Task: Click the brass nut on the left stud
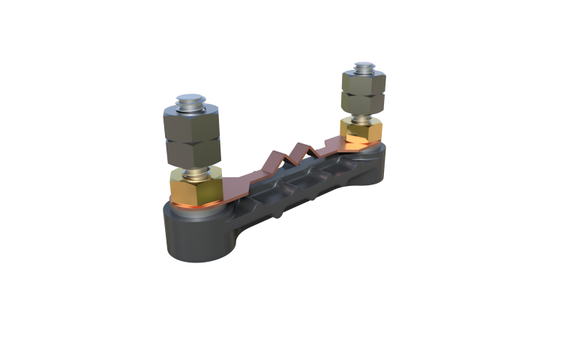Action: coord(194,187)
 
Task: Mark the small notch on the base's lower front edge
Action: coord(280,214)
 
